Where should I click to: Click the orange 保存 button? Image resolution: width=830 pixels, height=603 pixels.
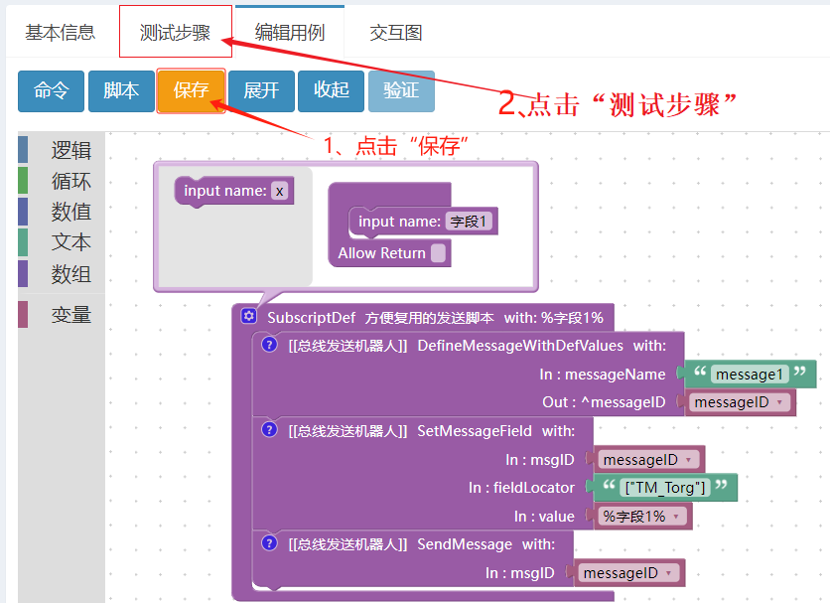coord(191,90)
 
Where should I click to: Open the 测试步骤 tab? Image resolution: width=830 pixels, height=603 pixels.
coord(175,32)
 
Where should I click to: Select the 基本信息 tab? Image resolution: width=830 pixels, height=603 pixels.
coord(61,32)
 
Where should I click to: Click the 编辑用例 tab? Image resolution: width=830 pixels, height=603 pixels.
coord(290,32)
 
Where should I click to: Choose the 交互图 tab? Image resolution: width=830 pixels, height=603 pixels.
coord(396,32)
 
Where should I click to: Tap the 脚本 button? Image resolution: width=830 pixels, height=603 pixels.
coord(121,90)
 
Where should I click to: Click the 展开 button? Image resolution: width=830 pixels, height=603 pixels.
coord(261,90)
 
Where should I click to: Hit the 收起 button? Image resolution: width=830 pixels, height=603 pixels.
coord(331,90)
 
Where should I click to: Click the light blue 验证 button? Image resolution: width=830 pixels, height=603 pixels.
coord(401,90)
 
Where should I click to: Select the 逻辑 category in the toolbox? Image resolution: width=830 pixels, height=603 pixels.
coord(70,150)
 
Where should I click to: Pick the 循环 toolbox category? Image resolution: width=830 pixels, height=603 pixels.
coord(70,181)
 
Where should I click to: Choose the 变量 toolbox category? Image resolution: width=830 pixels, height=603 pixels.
coord(70,315)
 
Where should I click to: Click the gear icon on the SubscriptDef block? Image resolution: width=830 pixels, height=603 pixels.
coord(249,316)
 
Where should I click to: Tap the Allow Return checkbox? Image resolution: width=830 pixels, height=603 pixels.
coord(438,253)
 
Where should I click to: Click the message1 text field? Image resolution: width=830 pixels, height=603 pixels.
coord(750,375)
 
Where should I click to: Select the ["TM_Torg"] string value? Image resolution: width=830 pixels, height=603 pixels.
coord(665,487)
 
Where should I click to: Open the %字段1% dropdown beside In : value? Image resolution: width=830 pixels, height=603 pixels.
coord(641,517)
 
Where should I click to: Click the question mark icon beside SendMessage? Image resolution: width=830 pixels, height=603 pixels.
coord(269,543)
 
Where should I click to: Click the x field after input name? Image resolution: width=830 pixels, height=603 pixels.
coord(280,191)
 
